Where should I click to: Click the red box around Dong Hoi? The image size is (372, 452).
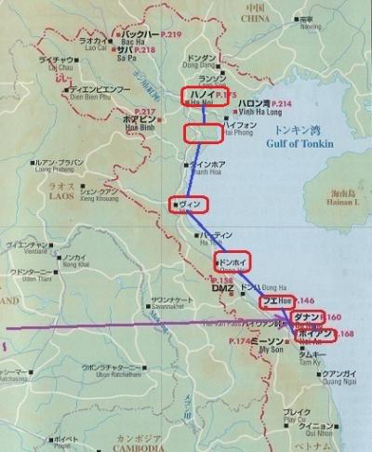point(232,261)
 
